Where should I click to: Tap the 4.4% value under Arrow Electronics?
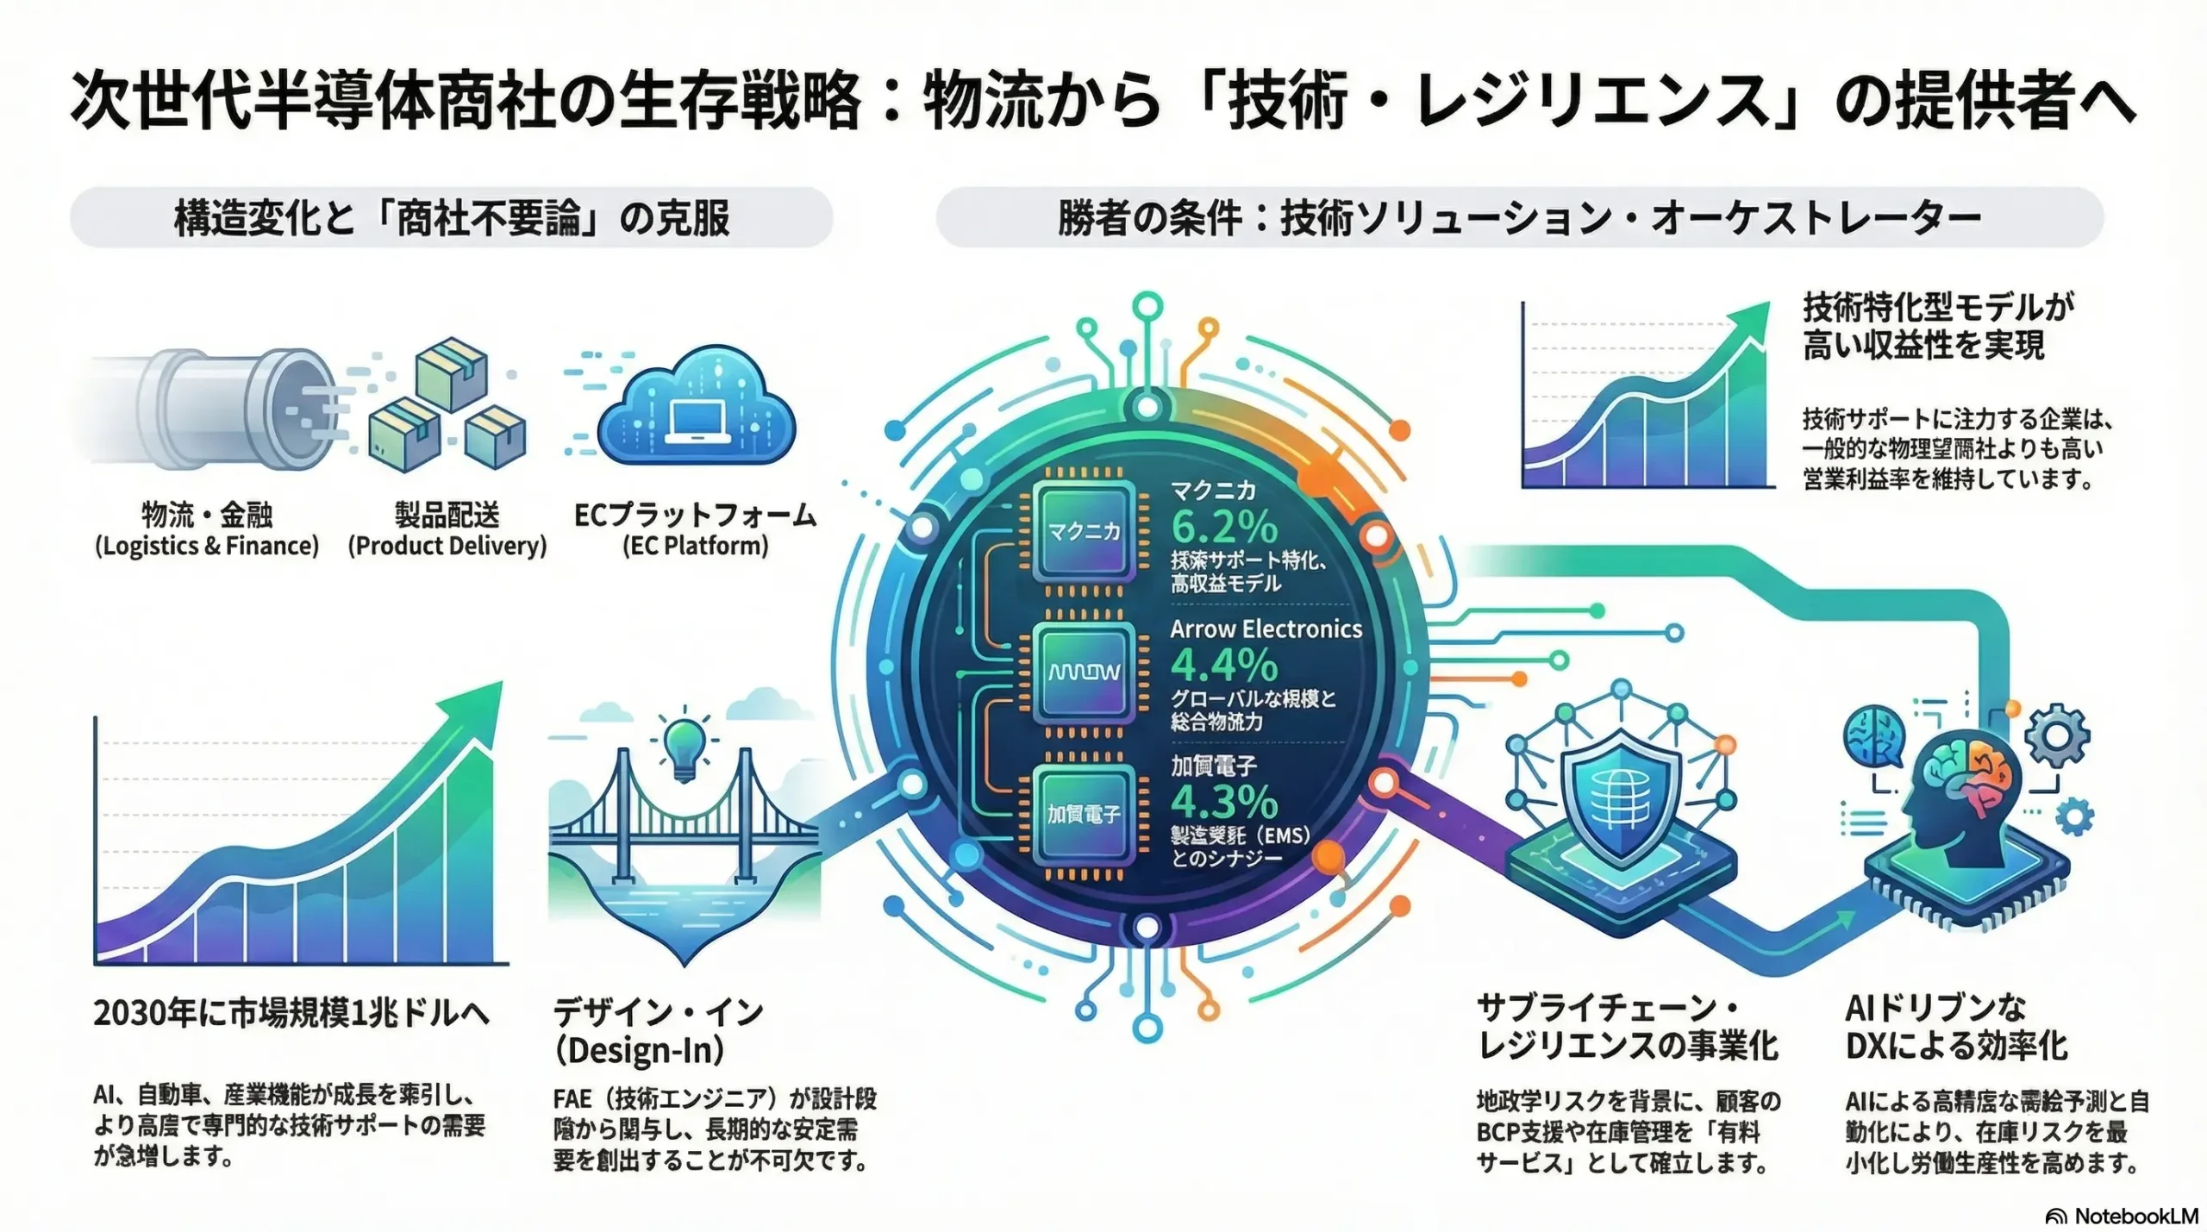[x=1224, y=666]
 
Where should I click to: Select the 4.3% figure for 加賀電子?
[x=1224, y=803]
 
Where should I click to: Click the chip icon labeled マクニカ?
[x=1084, y=530]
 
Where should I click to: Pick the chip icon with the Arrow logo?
[x=1084, y=671]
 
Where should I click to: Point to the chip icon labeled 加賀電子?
[x=1084, y=813]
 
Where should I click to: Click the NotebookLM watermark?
[x=2123, y=1216]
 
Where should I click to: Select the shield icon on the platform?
[x=1621, y=797]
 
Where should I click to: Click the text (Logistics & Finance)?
[x=207, y=546]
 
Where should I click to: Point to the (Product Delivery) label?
[x=447, y=546]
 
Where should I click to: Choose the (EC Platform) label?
[x=695, y=546]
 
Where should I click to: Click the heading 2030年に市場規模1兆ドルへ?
[x=291, y=1013]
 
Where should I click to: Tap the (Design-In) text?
[x=639, y=1050]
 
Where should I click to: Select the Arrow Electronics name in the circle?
[x=1266, y=629]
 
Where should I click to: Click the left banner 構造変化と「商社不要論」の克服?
[x=452, y=217]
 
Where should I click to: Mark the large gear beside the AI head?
[x=2057, y=735]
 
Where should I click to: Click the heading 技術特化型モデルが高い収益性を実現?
[x=1937, y=326]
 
